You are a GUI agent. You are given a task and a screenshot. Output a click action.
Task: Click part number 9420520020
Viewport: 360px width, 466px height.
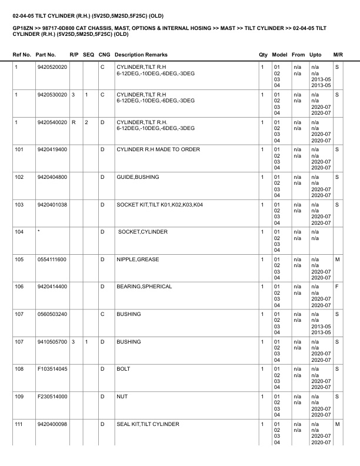click(52, 68)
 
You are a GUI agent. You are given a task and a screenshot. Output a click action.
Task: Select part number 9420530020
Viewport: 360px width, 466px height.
click(52, 95)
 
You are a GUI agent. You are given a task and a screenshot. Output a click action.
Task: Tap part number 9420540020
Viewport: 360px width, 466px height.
click(52, 122)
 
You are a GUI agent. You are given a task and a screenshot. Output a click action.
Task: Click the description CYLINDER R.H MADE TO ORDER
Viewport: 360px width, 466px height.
click(158, 150)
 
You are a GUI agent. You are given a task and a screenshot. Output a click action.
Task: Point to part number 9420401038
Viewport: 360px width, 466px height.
click(52, 205)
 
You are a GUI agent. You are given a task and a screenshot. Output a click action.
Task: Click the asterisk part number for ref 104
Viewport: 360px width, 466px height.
click(38, 232)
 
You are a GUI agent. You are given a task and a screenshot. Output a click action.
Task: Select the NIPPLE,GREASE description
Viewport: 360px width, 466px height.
click(138, 259)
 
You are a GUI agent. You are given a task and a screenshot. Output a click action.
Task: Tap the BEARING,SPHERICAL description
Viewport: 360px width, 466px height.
click(144, 287)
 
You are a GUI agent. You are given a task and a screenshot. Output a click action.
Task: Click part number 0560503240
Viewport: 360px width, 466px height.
click(52, 314)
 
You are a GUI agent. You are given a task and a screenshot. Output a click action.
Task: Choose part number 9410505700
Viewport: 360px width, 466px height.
click(52, 342)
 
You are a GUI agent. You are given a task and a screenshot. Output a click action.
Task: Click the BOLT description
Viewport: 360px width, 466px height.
click(124, 369)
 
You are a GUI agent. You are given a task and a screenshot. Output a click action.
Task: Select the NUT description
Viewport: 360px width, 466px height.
click(122, 397)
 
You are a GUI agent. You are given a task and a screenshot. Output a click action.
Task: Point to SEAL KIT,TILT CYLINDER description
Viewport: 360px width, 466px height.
click(148, 424)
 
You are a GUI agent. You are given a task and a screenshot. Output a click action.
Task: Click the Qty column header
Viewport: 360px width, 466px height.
click(263, 55)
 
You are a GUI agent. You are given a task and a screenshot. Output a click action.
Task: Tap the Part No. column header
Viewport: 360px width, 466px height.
click(46, 55)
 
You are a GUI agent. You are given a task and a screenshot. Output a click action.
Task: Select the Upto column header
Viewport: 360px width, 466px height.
click(316, 55)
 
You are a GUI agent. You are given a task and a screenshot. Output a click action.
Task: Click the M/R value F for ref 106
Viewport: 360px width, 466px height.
click(336, 287)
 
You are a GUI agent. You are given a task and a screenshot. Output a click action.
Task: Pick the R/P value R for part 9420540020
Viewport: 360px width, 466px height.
click(73, 122)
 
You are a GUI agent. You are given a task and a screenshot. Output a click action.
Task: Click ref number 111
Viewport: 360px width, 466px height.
click(19, 424)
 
